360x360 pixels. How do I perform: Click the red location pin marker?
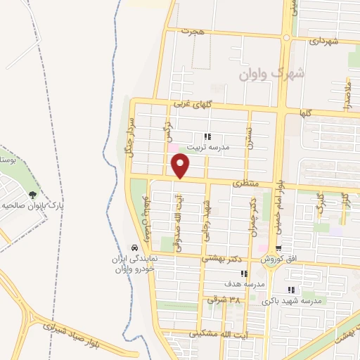pyautogui.click(x=181, y=165)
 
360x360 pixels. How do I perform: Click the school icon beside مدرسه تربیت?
pyautogui.click(x=207, y=137)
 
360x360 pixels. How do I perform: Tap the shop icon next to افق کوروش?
pyautogui.click(x=278, y=249)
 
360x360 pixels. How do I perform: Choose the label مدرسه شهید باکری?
pyautogui.click(x=292, y=301)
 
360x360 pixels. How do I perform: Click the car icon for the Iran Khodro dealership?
pyautogui.click(x=134, y=248)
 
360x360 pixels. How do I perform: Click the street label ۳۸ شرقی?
pyautogui.click(x=224, y=300)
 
